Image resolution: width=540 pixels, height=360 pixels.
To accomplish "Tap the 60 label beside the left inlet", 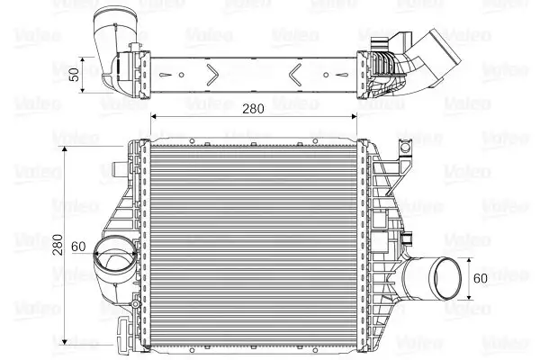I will click(78, 247).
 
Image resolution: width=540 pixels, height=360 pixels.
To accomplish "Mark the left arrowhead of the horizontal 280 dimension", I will click(153, 117).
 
